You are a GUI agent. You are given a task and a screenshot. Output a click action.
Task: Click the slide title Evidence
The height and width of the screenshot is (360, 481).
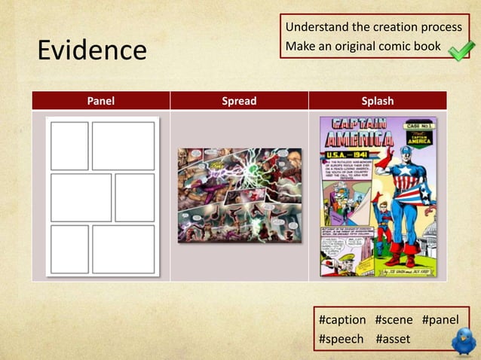[92, 50]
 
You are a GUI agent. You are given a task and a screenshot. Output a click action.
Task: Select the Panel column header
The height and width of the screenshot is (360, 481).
[100, 101]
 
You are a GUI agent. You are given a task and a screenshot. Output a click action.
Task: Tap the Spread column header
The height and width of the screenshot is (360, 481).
[239, 101]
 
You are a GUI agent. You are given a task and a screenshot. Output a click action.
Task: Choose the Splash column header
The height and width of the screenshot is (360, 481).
[378, 101]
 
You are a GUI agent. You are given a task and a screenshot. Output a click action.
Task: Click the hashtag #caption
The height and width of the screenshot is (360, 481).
[343, 320]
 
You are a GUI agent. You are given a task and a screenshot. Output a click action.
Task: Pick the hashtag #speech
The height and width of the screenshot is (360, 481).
[342, 339]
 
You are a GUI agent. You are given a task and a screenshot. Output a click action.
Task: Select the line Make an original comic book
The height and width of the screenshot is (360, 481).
[362, 47]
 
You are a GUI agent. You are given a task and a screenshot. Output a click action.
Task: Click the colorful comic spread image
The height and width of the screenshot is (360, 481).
[239, 195]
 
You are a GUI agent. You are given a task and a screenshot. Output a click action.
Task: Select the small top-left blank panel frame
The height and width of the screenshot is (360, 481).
[69, 145]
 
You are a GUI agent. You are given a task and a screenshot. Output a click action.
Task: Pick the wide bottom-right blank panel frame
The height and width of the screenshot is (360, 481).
[124, 249]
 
